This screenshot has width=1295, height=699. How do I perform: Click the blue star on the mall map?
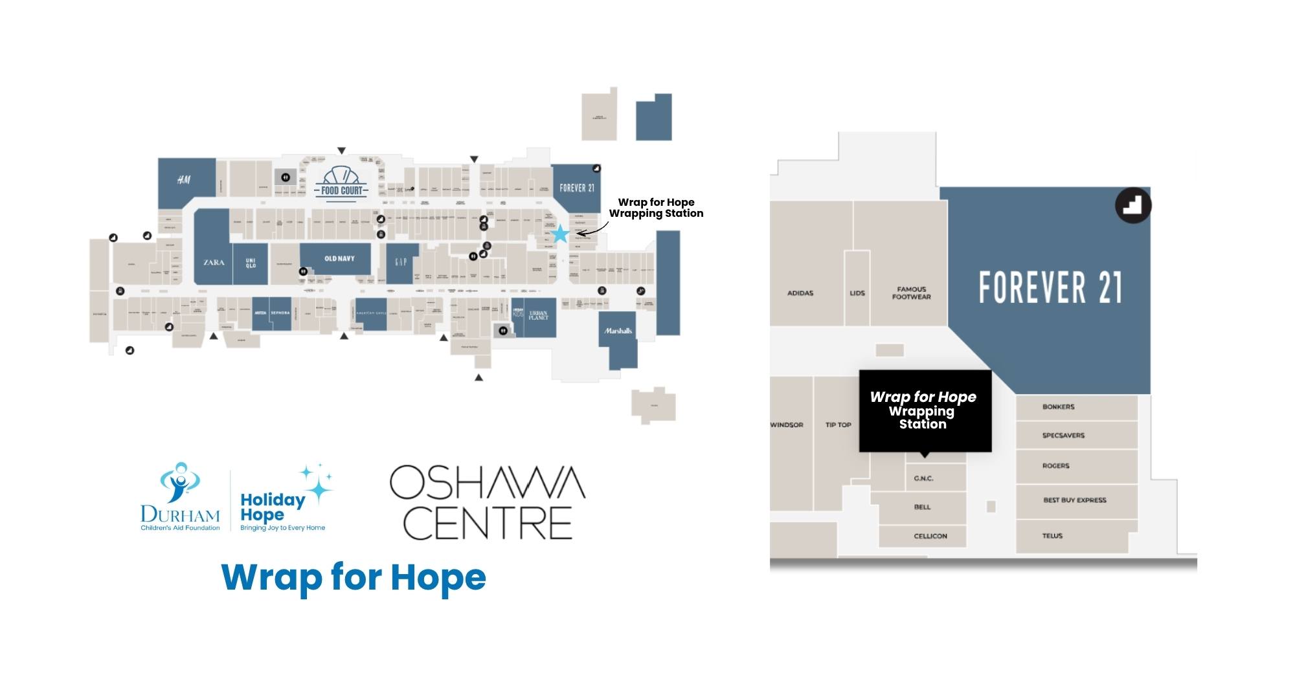coord(560,234)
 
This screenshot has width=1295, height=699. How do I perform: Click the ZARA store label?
coord(214,262)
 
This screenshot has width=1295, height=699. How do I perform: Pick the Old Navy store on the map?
coord(339,259)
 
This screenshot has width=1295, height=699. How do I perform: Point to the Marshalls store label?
coord(618,331)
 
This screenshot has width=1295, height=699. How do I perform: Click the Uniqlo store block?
coord(251,263)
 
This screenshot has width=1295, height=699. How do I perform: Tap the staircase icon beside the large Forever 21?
coord(1132,206)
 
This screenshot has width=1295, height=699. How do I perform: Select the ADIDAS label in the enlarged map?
coord(800,293)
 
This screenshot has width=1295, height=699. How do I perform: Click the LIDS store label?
coord(857,293)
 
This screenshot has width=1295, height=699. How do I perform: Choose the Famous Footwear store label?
coord(911,293)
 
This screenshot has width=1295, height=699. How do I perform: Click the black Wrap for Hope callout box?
coord(924,410)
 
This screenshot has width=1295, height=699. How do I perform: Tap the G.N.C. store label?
coord(923,479)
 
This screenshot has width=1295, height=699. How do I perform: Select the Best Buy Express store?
coord(1075,500)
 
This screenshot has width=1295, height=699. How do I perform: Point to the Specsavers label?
coord(1063,436)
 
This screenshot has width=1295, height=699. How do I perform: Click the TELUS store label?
coord(1053,536)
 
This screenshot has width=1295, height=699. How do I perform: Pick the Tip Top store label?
coord(838,425)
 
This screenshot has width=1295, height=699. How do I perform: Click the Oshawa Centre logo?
coord(487,502)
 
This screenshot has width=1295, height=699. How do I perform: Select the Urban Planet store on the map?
coord(539,316)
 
